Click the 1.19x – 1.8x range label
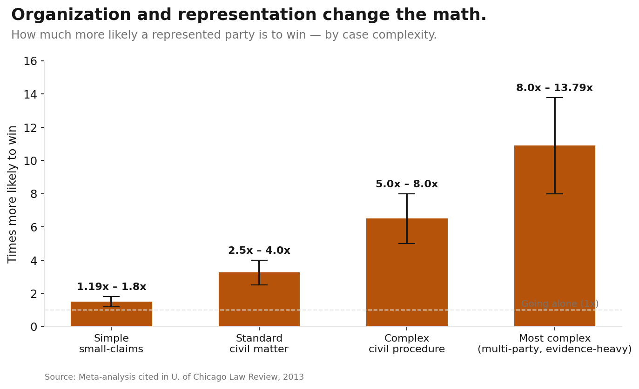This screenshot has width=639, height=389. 111,287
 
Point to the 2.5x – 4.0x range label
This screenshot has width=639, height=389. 259,251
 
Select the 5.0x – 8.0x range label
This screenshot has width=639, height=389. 407,185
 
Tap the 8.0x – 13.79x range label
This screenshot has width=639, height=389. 554,88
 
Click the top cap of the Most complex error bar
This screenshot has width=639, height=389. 554,98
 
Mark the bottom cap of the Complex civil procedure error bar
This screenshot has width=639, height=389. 407,244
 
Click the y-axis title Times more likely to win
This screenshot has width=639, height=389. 13,194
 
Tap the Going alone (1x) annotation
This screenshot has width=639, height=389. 560,304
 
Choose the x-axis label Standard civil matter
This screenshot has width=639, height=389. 259,344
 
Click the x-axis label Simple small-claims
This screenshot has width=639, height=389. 111,344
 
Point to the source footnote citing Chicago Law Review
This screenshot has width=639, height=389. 174,377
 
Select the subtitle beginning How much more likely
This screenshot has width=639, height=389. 224,35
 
